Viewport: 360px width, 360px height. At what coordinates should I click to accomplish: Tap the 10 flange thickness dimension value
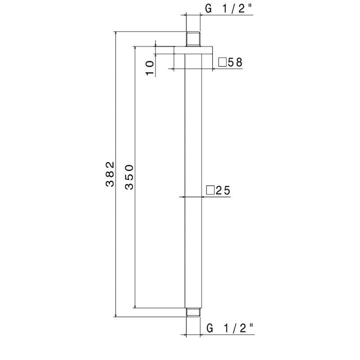149,67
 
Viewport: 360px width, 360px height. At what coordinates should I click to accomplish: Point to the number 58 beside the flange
235,63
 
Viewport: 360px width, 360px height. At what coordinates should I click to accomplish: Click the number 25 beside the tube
223,191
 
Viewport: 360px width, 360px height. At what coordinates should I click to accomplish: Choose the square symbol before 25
210,191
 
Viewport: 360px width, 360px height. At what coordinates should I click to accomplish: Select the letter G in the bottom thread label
209,328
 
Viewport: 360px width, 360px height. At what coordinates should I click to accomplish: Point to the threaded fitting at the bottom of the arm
193,312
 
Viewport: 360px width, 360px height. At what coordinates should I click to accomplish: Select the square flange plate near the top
193,50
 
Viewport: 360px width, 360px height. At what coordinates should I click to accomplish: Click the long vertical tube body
193,180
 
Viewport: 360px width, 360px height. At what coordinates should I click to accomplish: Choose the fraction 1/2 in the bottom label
234,328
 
